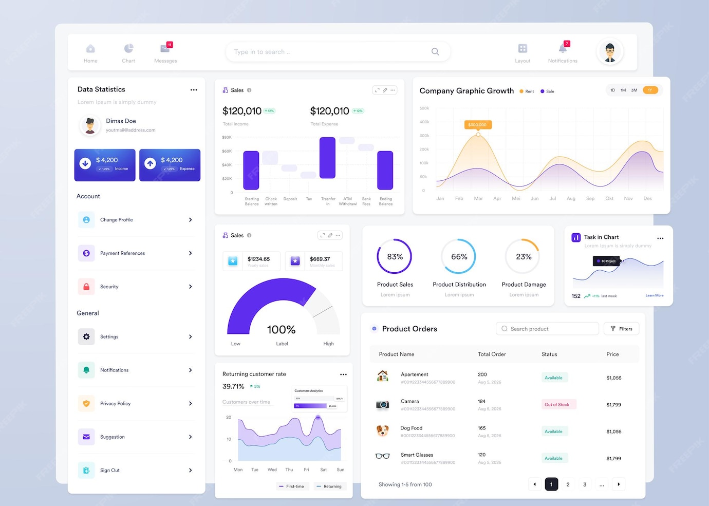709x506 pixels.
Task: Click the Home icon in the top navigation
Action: point(90,49)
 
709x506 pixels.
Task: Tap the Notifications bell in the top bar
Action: point(563,49)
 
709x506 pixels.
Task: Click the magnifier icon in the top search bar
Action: point(435,52)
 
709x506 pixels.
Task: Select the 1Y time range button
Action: point(650,90)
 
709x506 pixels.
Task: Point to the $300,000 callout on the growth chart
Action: point(478,125)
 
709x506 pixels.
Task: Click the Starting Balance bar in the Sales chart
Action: point(251,170)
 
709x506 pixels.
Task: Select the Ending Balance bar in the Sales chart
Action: point(385,170)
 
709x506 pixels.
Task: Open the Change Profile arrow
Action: point(191,220)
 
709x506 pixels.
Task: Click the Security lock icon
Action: point(86,287)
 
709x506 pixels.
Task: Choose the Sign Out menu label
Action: point(110,471)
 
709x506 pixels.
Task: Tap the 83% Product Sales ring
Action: point(395,256)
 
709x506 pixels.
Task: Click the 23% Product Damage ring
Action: point(524,256)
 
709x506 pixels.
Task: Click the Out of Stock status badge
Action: point(557,405)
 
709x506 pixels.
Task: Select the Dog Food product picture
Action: point(383,431)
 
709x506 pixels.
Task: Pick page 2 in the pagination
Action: point(568,484)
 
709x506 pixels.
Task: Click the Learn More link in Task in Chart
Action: point(655,295)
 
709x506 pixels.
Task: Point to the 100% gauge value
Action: point(281,330)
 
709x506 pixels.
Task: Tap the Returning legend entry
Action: point(329,486)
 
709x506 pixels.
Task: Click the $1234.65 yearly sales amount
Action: point(258,259)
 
